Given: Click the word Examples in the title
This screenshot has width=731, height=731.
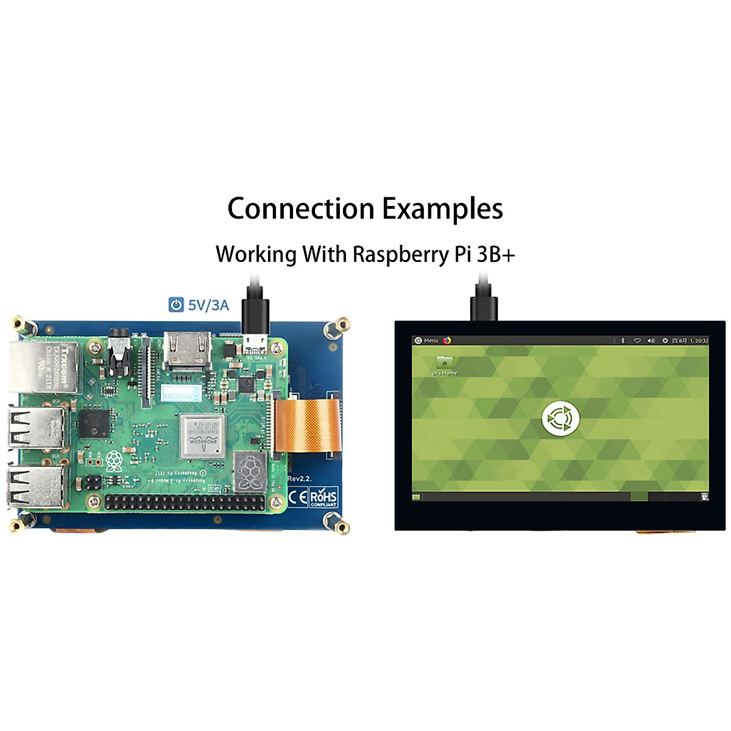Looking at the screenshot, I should point(442,210).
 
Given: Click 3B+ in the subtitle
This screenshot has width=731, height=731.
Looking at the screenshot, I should point(495,254).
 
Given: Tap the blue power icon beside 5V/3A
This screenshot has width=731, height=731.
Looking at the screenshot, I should point(175,305).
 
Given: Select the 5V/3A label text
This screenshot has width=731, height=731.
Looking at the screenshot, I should point(208,305).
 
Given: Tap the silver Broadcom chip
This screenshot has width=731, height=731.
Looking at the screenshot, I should point(202,436).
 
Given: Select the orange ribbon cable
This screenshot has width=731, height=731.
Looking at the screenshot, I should point(307,423).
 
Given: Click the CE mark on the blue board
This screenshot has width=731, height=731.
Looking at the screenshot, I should point(297,496).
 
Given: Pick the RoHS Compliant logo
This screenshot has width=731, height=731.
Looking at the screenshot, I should point(323,496).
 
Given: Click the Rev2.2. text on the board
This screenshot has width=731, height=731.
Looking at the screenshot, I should point(300,479).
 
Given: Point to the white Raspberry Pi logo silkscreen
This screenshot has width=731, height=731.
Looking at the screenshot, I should point(113,461).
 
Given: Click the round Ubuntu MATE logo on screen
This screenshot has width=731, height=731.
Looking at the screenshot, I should point(560,418).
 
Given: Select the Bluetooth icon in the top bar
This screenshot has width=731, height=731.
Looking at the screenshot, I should point(623,341).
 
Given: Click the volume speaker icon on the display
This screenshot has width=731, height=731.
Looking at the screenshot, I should point(651,341).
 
